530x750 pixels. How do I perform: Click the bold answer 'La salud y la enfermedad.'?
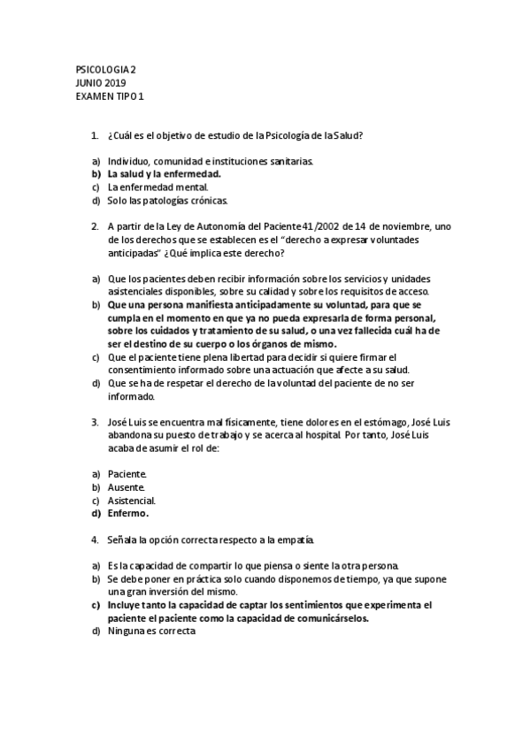[164, 174]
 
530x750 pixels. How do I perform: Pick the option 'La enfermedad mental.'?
[157, 187]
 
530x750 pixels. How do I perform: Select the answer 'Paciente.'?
[127, 475]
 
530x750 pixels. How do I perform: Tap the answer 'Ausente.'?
[126, 487]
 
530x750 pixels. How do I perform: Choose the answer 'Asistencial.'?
[132, 501]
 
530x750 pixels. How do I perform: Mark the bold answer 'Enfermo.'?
[128, 513]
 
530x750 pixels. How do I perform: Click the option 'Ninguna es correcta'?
[150, 631]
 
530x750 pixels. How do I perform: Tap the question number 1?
[94, 135]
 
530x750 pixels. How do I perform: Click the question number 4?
[94, 540]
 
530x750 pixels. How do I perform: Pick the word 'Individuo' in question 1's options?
[128, 161]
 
